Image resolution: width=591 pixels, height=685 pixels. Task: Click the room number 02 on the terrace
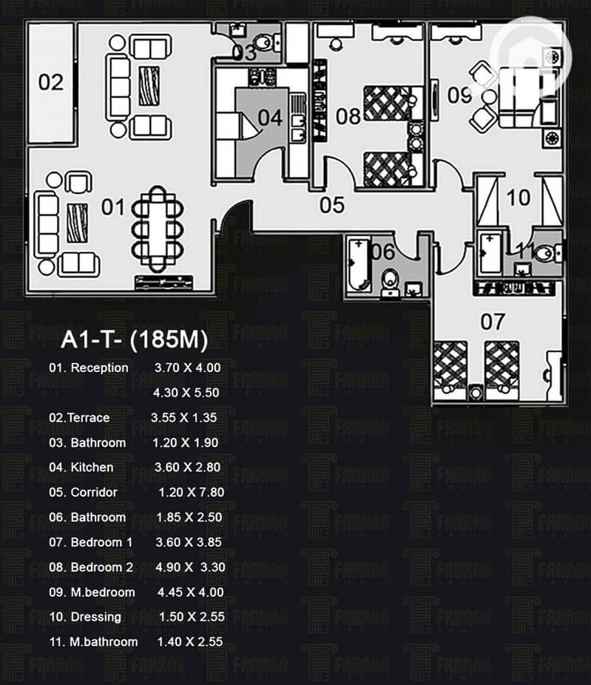(51, 81)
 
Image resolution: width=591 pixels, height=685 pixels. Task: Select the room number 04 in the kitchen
(270, 118)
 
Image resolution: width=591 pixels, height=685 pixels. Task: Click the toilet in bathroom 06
(391, 281)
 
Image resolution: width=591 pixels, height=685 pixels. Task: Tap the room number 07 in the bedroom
(493, 321)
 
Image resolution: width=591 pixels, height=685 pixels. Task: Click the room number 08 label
(348, 116)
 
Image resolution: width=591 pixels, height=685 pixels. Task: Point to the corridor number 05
(332, 204)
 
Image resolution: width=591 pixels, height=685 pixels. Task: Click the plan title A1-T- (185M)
(134, 340)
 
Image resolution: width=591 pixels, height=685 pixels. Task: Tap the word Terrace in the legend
(89, 417)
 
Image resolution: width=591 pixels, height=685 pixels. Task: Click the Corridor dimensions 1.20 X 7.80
(191, 492)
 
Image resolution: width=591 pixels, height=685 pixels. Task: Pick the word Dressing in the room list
(96, 616)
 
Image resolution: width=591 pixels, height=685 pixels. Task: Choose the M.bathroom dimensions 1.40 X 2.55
(189, 641)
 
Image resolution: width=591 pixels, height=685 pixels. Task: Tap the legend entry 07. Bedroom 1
(91, 542)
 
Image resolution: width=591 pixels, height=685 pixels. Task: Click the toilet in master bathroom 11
(545, 253)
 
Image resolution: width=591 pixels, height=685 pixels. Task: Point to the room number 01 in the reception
(112, 207)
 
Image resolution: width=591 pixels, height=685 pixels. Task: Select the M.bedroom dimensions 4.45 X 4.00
(190, 592)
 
